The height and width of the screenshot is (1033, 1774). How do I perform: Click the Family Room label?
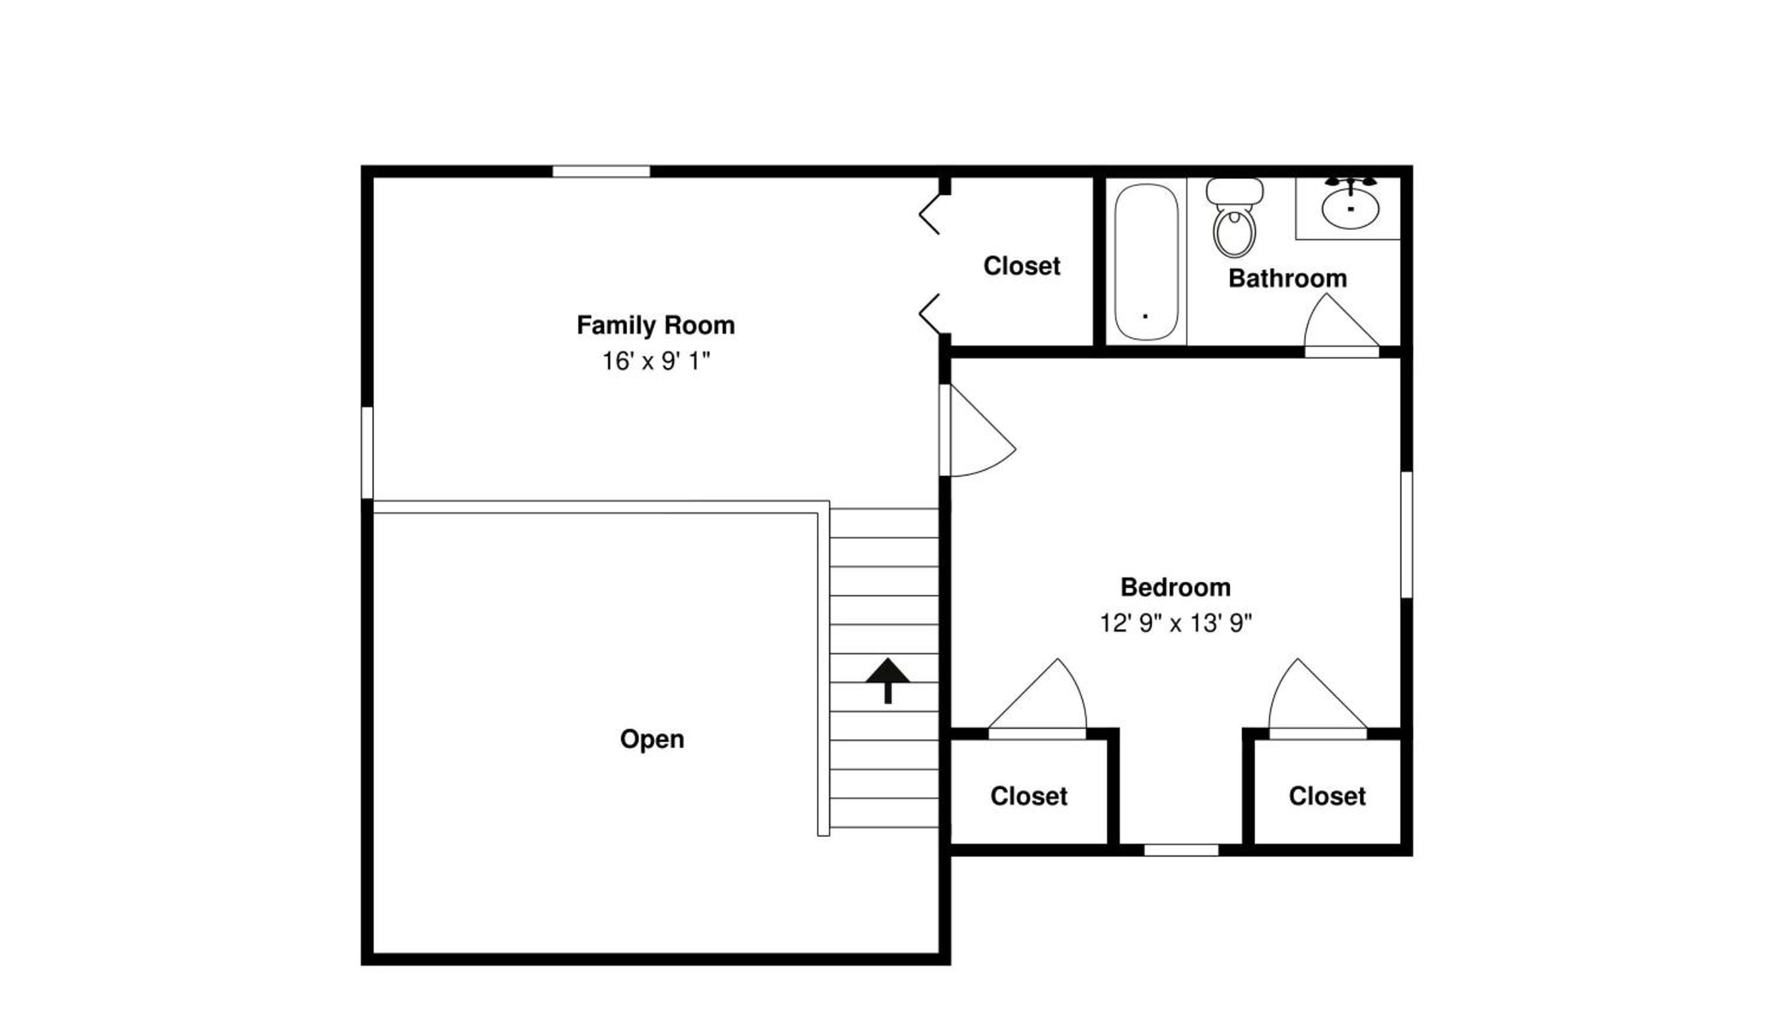coord(655,325)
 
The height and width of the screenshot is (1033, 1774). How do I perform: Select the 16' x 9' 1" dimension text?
coord(655,361)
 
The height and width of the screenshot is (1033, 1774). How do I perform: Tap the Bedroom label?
coord(1176,587)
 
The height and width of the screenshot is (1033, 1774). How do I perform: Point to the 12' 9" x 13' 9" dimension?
coord(1176,623)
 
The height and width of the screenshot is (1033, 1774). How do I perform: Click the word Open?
coord(652,740)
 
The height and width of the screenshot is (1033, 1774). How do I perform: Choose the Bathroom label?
coord(1287,278)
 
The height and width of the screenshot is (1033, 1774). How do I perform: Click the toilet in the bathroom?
coord(1234,218)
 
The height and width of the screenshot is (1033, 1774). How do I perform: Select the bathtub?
coord(1146,262)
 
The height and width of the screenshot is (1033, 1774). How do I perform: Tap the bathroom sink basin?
coord(1350,209)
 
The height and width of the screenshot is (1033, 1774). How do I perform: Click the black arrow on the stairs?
coord(888,680)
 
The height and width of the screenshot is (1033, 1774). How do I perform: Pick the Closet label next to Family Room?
coord(1021,266)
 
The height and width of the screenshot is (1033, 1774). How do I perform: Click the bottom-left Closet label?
coord(1028,796)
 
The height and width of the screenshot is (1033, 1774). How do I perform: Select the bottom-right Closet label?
coord(1327,796)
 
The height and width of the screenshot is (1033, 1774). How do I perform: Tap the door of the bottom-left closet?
coord(1037,699)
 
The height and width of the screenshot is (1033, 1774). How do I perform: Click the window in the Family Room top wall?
coord(600,171)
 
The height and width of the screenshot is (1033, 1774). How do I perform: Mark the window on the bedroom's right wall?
coord(1407,535)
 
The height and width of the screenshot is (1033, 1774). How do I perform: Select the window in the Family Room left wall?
coord(367,453)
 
